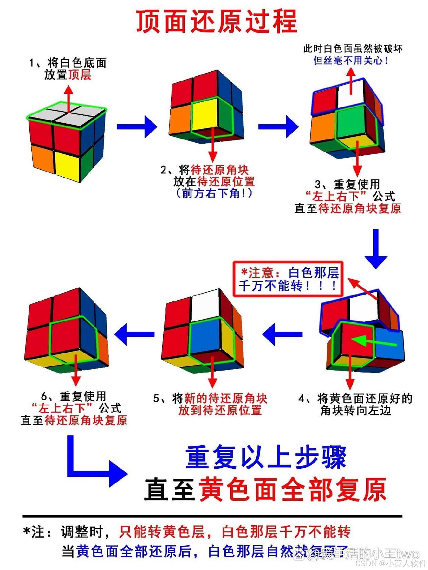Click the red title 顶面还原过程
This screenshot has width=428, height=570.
click(216, 21)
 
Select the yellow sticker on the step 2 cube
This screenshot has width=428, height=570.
click(204, 115)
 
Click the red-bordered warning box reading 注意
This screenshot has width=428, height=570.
click(288, 279)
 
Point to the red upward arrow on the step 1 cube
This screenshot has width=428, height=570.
click(69, 98)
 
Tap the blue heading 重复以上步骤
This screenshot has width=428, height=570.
click(265, 457)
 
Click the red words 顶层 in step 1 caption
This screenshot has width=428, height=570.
click(80, 74)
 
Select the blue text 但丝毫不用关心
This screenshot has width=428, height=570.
click(351, 61)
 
